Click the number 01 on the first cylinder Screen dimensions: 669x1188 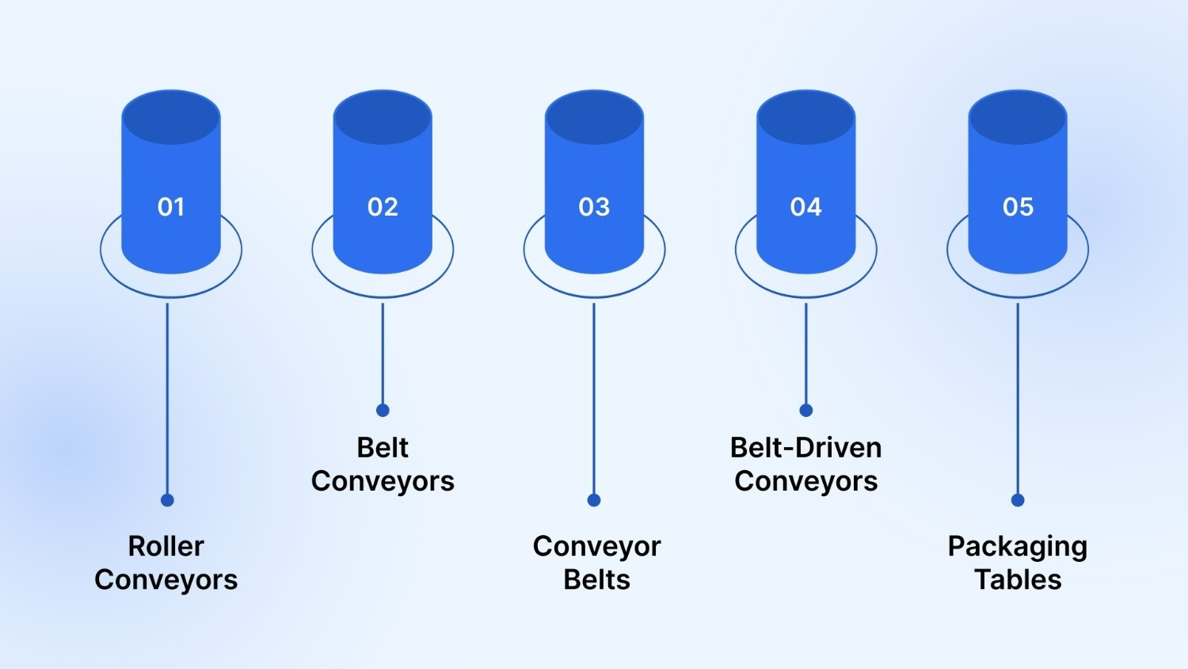pos(171,207)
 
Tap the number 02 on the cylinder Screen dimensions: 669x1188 pos(383,207)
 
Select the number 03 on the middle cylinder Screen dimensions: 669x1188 pos(594,207)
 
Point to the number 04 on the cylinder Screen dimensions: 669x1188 pos(806,207)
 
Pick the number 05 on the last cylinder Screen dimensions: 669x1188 pos(1018,207)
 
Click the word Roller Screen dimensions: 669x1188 pos(166,546)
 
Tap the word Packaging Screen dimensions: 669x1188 pos(1018,547)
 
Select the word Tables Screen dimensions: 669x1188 pos(1018,579)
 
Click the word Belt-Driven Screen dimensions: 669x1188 pos(806,448)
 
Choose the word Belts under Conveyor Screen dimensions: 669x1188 pos(597,579)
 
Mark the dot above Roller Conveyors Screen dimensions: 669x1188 pos(167,500)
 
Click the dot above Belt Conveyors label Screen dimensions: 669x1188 pos(383,410)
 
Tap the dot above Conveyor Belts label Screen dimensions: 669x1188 pos(594,500)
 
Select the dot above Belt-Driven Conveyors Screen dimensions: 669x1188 pos(806,410)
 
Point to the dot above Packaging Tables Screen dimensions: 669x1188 pos(1018,500)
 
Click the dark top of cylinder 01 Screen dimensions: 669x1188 pos(171,117)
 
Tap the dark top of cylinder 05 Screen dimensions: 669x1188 pos(1018,117)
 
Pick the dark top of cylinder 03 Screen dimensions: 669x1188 pos(594,117)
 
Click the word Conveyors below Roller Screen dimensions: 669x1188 pos(166,579)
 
